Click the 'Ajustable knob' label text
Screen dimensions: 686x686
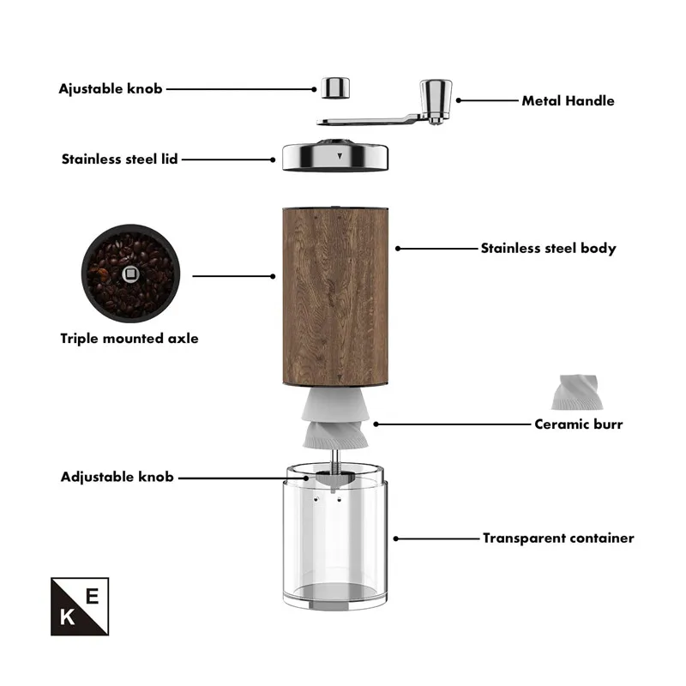(111, 88)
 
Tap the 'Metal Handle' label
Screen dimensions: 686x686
(568, 100)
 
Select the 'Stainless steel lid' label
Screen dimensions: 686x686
(119, 159)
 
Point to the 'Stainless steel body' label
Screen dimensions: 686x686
(548, 249)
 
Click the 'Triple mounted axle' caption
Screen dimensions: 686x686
(129, 338)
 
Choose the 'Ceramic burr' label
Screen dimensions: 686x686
(578, 424)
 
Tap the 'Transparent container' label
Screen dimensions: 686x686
(558, 539)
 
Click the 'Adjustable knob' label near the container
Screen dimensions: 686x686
(117, 477)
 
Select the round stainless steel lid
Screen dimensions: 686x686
(335, 157)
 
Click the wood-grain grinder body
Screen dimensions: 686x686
(334, 296)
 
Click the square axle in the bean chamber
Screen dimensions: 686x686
(130, 274)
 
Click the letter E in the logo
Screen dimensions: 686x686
(92, 594)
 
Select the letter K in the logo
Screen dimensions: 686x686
(67, 617)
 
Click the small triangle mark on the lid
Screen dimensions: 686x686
(340, 157)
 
